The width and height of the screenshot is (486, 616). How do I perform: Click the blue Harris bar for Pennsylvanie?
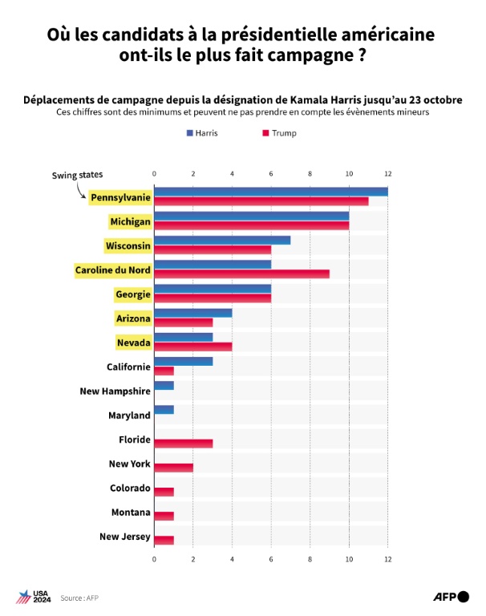(270, 191)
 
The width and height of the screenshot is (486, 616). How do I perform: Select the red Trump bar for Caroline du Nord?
(241, 274)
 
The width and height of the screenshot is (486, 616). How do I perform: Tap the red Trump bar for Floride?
(183, 444)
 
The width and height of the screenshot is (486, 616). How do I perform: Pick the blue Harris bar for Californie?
(183, 362)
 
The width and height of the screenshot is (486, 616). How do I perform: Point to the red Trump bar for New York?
(173, 468)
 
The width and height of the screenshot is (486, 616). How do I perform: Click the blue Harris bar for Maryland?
(164, 411)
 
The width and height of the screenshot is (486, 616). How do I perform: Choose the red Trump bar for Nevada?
(192, 346)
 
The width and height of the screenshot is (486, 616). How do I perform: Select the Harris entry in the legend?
(200, 132)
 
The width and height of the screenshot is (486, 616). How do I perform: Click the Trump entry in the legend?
(278, 132)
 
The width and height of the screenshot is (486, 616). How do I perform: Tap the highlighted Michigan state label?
(130, 221)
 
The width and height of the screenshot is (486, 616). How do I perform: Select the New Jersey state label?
(124, 537)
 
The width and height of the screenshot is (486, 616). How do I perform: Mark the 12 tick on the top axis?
(387, 173)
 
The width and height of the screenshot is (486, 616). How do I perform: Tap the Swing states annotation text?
(78, 175)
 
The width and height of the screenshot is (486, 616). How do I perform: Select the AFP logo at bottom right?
(451, 596)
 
